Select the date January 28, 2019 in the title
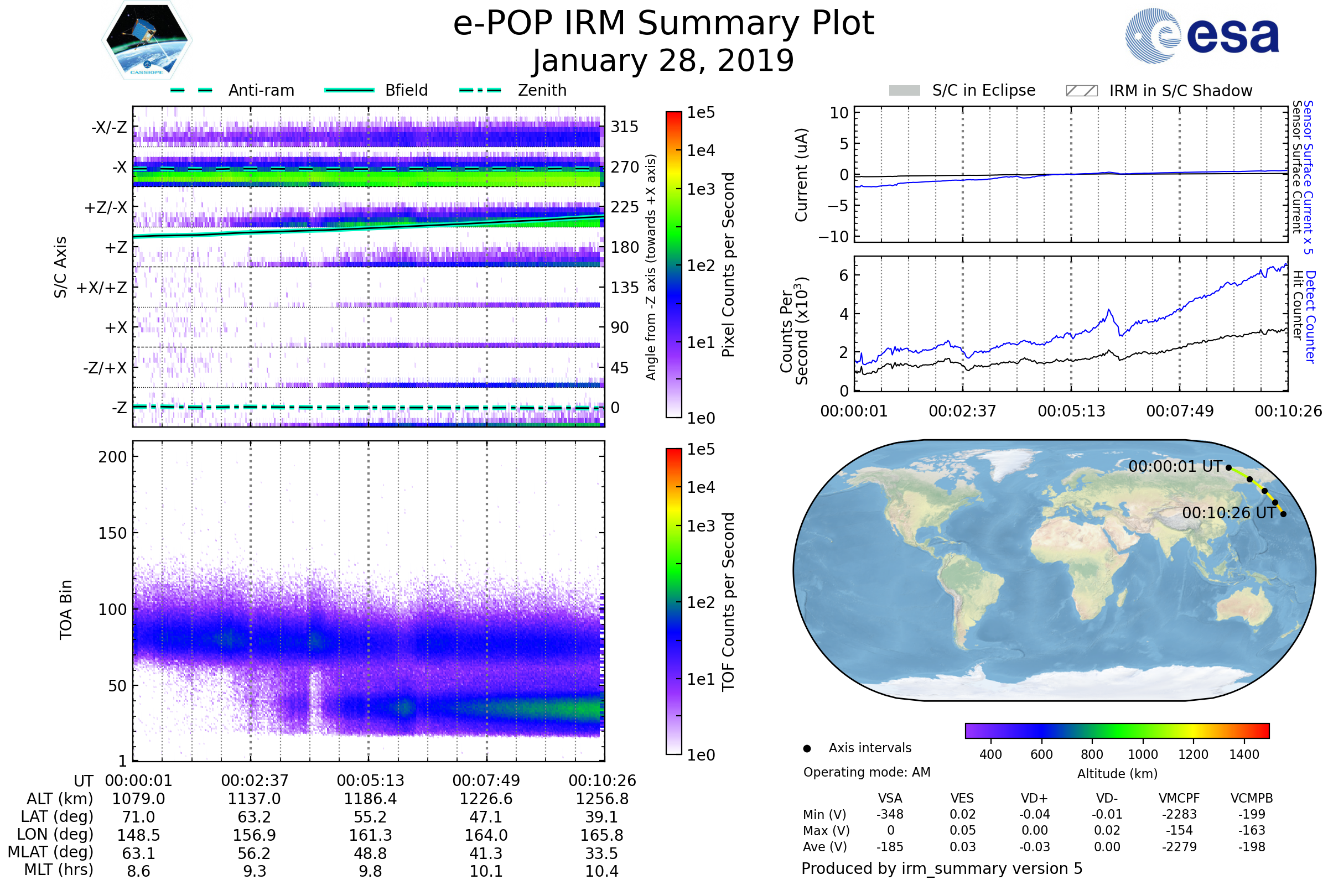click(x=663, y=61)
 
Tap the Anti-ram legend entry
click(x=261, y=90)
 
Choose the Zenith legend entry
click(x=542, y=90)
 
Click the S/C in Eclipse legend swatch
click(x=904, y=91)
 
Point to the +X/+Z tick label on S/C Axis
click(x=102, y=288)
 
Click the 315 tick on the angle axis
click(x=624, y=127)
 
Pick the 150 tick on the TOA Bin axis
click(x=112, y=533)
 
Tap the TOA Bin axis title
click(x=66, y=609)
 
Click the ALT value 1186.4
click(x=370, y=799)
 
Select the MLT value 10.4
click(x=602, y=871)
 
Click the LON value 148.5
click(x=138, y=835)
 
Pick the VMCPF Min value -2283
click(x=1179, y=814)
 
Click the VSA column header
click(x=890, y=798)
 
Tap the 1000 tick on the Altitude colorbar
click(x=1142, y=754)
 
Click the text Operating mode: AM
click(x=867, y=772)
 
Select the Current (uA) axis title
click(x=801, y=175)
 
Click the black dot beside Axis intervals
click(x=807, y=748)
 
